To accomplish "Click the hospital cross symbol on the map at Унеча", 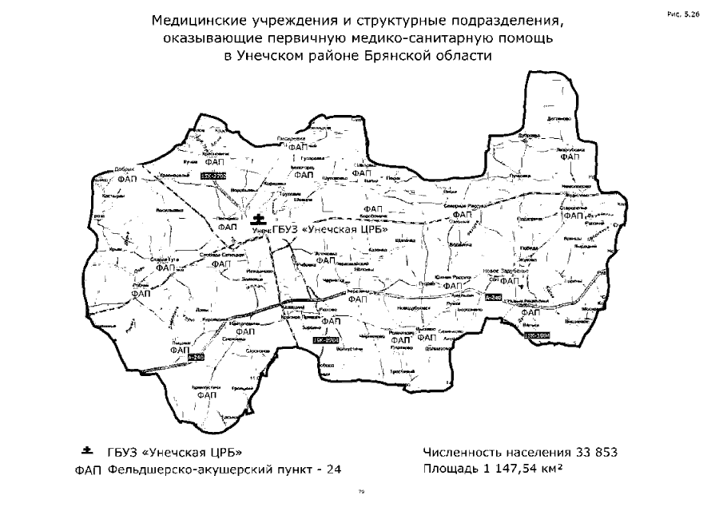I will pos(257,218).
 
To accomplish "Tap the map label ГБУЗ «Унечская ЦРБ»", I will pos(331,230).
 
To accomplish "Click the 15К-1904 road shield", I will pos(539,337).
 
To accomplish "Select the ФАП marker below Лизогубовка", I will pos(570,157).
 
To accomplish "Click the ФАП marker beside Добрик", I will pos(127,180).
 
